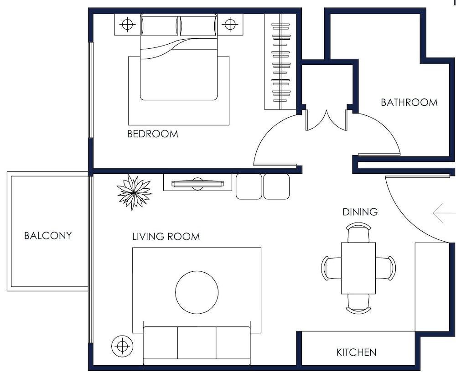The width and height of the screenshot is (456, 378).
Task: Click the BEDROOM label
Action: pyautogui.click(x=152, y=134)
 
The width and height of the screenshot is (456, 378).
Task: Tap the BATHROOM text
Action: pyautogui.click(x=409, y=102)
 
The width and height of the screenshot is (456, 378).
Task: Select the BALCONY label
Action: pyautogui.click(x=48, y=236)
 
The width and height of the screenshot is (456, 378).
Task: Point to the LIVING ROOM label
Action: pyautogui.click(x=166, y=237)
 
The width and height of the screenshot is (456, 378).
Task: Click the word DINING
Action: pyautogui.click(x=360, y=212)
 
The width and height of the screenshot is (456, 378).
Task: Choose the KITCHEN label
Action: pyautogui.click(x=356, y=352)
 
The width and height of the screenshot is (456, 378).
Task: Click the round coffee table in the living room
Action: pyautogui.click(x=197, y=292)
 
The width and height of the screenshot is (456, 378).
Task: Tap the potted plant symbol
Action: pyautogui.click(x=134, y=192)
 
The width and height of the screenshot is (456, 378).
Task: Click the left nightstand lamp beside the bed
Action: pyautogui.click(x=127, y=23)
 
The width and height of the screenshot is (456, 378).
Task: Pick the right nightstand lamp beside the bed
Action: pyautogui.click(x=230, y=23)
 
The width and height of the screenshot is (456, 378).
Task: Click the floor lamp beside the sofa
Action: pyautogui.click(x=122, y=346)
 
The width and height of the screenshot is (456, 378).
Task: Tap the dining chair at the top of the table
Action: pyautogui.click(x=358, y=233)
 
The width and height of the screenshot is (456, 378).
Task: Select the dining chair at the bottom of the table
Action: pyautogui.click(x=358, y=304)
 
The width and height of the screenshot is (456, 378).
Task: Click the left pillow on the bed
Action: pyautogui.click(x=160, y=26)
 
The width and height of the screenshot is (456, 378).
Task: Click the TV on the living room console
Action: pyautogui.click(x=197, y=184)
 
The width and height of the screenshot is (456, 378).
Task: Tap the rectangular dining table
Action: pyautogui.click(x=358, y=268)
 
